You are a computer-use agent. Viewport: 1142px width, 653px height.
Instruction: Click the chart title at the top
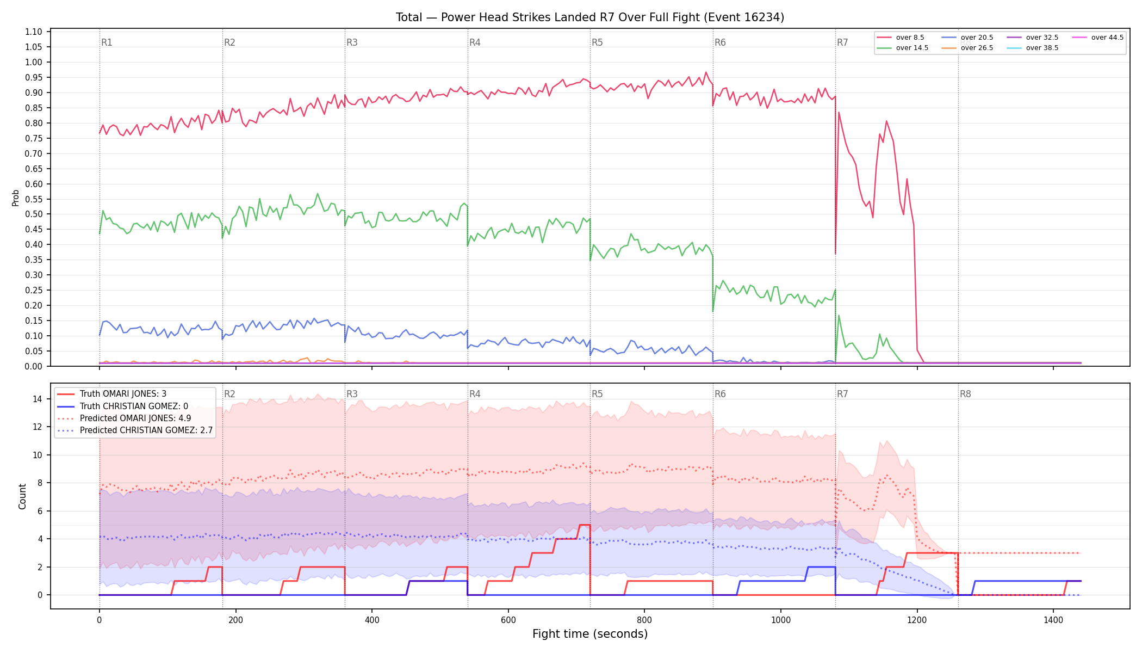tap(590, 17)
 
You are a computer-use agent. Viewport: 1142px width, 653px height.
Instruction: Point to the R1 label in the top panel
tap(107, 42)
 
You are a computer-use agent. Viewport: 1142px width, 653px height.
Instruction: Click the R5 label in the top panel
tap(597, 42)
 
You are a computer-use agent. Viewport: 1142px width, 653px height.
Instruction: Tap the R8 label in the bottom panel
tap(965, 394)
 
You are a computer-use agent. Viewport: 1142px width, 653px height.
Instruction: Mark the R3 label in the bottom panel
tap(352, 394)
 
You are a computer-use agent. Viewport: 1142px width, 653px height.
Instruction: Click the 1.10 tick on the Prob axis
tap(34, 32)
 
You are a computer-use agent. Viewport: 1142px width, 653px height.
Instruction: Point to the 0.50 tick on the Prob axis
tap(34, 214)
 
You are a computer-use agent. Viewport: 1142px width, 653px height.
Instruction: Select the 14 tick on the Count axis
tap(37, 399)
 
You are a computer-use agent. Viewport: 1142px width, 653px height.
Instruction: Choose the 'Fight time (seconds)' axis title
tap(590, 634)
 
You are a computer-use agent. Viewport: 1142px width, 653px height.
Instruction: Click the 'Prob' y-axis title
tap(15, 198)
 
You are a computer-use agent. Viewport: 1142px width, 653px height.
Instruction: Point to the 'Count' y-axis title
tap(22, 496)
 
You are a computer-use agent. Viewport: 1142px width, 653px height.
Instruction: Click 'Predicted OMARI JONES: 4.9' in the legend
tap(135, 418)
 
